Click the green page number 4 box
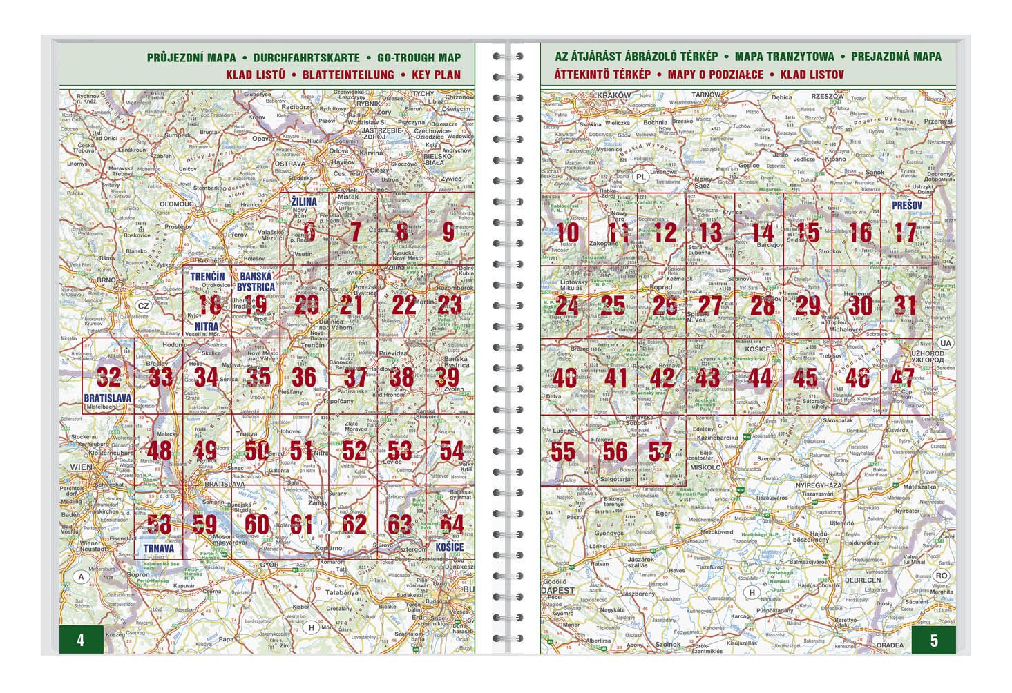pos(81,640)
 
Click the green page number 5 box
pos(934,640)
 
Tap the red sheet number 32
pos(108,377)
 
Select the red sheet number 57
pos(660,451)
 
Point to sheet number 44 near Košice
pos(760,378)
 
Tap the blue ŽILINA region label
pos(303,202)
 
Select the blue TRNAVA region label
pos(158,548)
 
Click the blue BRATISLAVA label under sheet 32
pos(107,398)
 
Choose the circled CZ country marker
pos(142,306)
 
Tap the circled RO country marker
pos(942,575)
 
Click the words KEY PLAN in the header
pos(436,75)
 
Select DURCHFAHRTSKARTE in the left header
pos(306,57)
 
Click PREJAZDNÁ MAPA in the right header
pos(896,57)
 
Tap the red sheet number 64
pos(452,524)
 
